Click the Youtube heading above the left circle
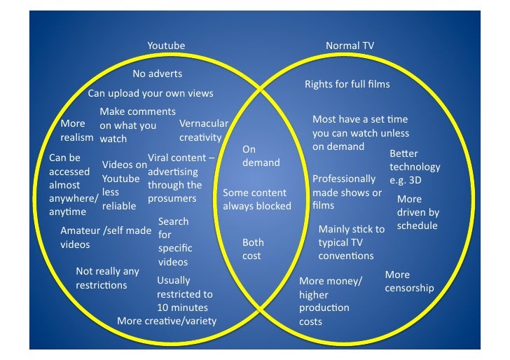166,46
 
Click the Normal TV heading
350,46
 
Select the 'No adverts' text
157,74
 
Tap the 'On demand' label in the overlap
261,156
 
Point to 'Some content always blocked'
256,200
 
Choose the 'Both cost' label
252,249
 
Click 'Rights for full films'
347,84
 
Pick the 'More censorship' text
409,281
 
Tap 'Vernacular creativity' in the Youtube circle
203,130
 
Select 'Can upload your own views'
150,93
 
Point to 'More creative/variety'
167,321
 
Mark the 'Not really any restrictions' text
107,278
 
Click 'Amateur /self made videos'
105,237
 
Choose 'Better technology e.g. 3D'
415,167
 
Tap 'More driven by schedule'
418,212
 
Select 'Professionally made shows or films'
347,192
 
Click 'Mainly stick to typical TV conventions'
351,242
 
